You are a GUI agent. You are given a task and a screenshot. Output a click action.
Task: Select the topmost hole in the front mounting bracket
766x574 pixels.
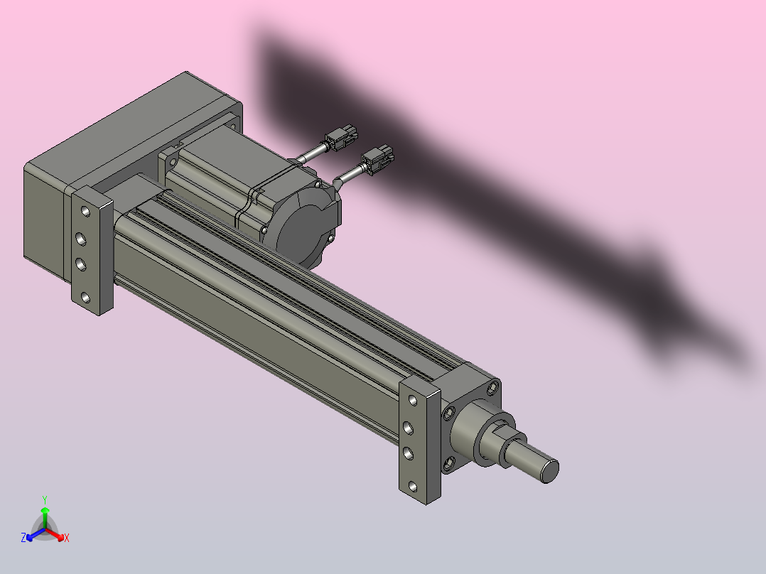point(414,400)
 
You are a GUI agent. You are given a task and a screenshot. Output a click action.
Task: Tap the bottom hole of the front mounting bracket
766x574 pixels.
point(414,487)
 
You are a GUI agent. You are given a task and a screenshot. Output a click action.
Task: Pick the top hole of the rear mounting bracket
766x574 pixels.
point(85,212)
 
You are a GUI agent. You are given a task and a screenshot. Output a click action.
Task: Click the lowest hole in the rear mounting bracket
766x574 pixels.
point(85,297)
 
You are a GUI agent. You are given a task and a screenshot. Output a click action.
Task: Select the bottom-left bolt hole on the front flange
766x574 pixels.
point(449,465)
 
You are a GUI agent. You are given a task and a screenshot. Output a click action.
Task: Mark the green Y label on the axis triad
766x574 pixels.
point(44,499)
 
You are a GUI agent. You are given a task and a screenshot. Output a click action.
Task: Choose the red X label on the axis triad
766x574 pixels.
point(66,538)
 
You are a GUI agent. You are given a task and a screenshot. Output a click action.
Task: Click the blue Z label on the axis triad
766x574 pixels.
point(23,538)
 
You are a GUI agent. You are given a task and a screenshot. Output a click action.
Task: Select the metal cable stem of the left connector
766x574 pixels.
point(313,153)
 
